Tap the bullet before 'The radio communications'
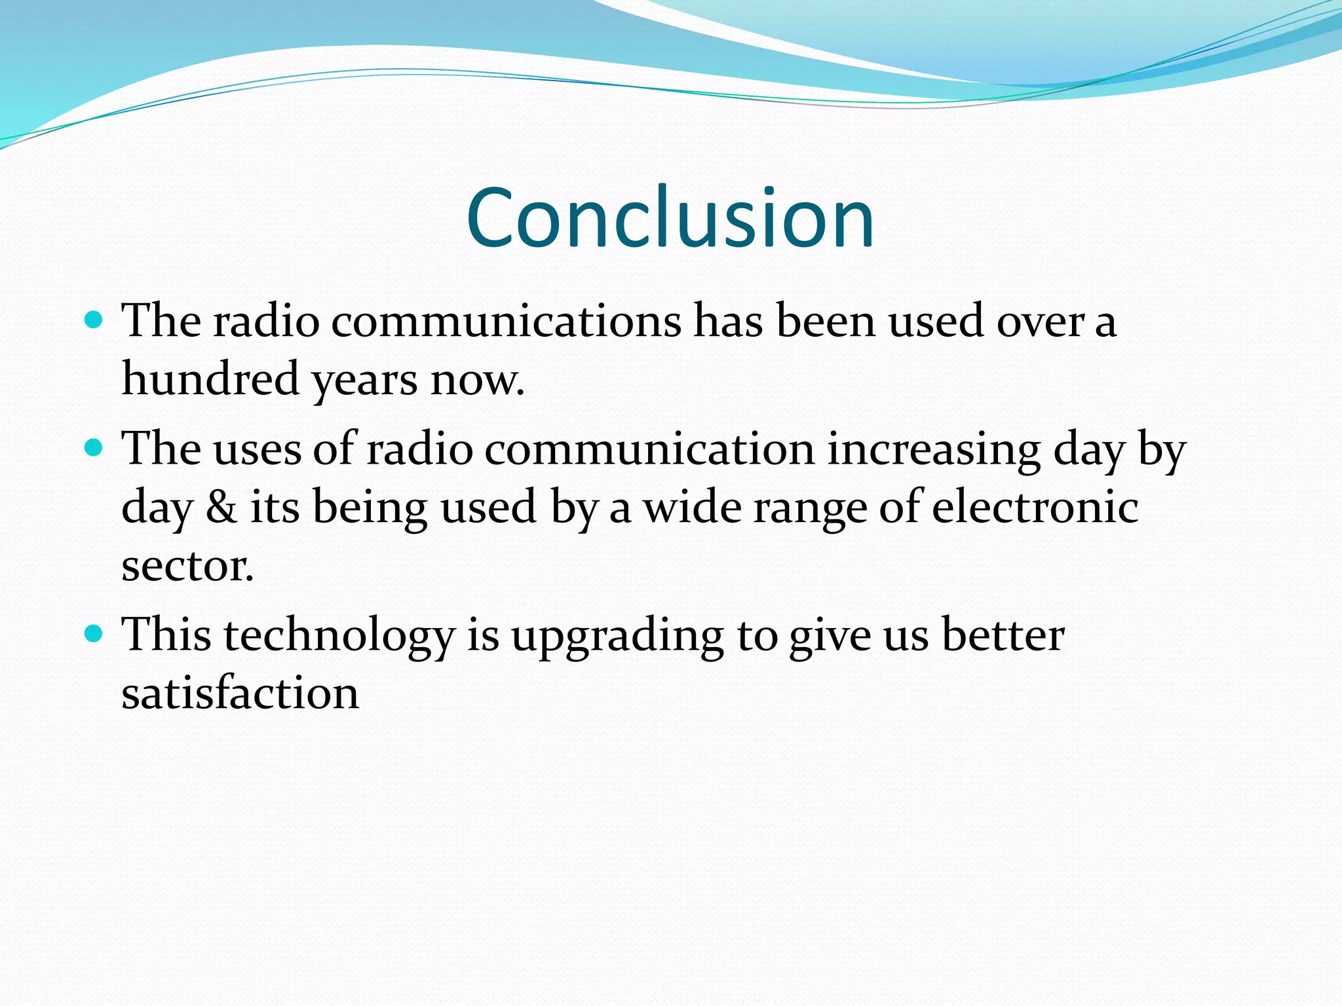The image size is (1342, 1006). pyautogui.click(x=95, y=320)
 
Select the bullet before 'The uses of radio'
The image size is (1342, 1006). pyautogui.click(x=95, y=448)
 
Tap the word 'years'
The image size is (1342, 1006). pyautogui.click(x=364, y=382)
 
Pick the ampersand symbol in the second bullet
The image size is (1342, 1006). pyautogui.click(x=221, y=508)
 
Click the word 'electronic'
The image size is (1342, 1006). pyautogui.click(x=1035, y=508)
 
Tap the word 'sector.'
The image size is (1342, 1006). pyautogui.click(x=187, y=567)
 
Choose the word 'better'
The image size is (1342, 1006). pyautogui.click(x=1003, y=635)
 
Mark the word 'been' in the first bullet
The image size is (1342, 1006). pyautogui.click(x=826, y=322)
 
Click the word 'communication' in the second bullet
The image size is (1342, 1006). pyautogui.click(x=649, y=450)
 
